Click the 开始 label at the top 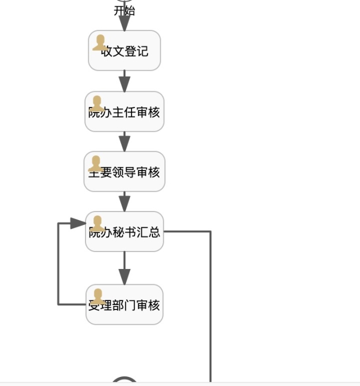click(124, 11)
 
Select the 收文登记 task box click(124, 51)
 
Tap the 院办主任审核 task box click(124, 112)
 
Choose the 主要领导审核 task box click(124, 172)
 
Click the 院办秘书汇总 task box click(124, 232)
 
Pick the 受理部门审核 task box click(124, 305)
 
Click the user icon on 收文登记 click(100, 43)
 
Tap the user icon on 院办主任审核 click(97, 104)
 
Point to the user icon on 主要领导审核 click(96, 164)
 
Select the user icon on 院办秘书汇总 click(98, 223)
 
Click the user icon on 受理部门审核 click(98, 297)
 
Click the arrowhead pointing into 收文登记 click(124, 24)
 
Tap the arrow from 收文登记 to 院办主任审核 click(124, 82)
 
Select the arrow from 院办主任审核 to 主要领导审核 click(124, 142)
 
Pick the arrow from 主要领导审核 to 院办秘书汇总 click(124, 202)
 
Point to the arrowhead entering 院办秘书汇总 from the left click(78, 223)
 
